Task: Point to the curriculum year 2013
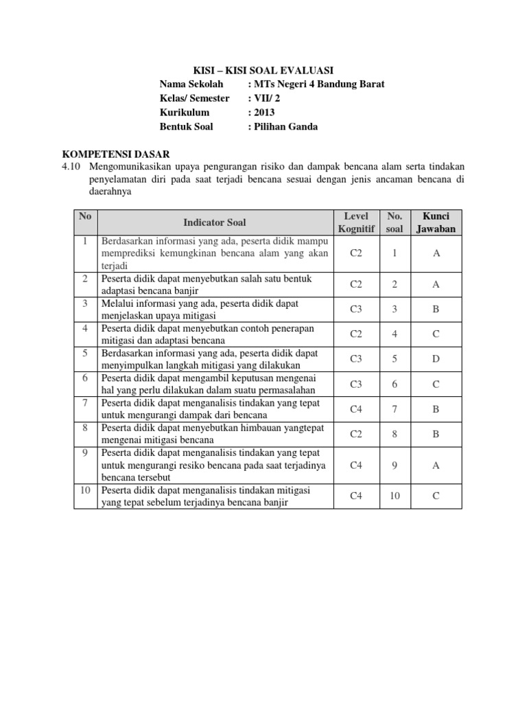tap(264, 112)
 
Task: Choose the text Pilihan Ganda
tap(285, 126)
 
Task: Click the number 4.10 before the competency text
tap(73, 167)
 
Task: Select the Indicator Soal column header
tap(215, 222)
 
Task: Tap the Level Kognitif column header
tap(355, 222)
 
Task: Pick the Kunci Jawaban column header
tap(436, 222)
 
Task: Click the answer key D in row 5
tap(436, 359)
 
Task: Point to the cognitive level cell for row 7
tap(355, 409)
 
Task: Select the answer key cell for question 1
tap(436, 253)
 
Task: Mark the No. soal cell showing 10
tap(395, 496)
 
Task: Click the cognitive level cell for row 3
tap(355, 309)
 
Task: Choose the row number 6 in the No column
tap(85, 378)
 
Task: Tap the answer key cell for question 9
tap(436, 465)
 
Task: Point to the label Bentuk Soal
tap(186, 126)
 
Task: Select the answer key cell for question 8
tap(436, 434)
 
